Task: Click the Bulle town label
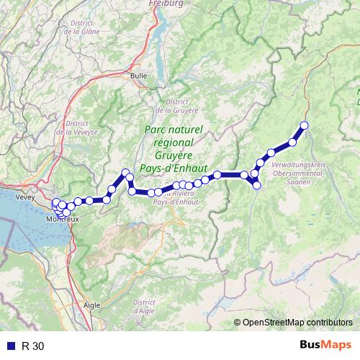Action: pyautogui.click(x=138, y=75)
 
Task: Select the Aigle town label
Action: pyautogui.click(x=91, y=305)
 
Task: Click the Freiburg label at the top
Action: pyautogui.click(x=166, y=3)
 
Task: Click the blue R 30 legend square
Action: pyautogui.click(x=9, y=346)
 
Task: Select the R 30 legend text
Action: pyautogui.click(x=33, y=346)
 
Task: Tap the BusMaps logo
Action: pyautogui.click(x=325, y=345)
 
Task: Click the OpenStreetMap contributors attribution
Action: pyautogui.click(x=297, y=323)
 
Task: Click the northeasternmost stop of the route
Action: pyautogui.click(x=304, y=125)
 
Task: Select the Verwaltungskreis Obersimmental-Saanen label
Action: pyautogui.click(x=300, y=169)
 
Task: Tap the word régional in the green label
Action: pyautogui.click(x=174, y=142)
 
